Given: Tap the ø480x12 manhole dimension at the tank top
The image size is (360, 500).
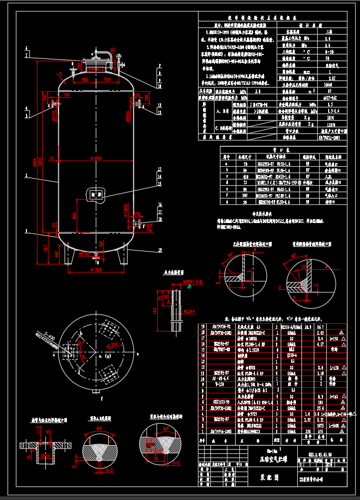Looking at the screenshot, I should click(96, 69).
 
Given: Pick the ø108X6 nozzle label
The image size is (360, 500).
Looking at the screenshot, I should click(126, 209).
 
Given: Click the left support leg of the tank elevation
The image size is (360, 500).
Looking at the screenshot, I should click(70, 255).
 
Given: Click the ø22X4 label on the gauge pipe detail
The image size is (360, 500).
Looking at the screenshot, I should click(188, 312).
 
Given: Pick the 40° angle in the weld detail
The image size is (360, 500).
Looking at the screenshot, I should click(294, 256).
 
